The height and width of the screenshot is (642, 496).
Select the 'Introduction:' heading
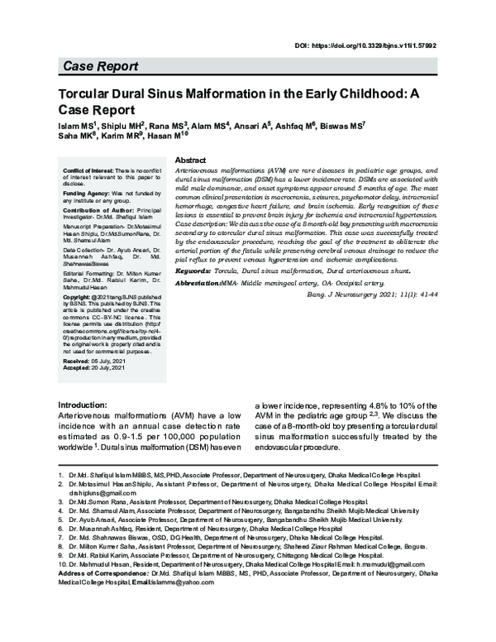(x=82, y=405)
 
